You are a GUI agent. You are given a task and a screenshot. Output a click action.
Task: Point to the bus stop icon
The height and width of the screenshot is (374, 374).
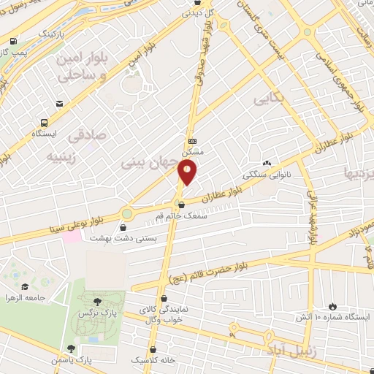pos(45,123)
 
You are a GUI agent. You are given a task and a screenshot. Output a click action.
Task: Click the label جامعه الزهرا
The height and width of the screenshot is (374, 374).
pos(46,298)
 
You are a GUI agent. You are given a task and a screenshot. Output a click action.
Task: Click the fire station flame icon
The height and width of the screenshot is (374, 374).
pos(334,306)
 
